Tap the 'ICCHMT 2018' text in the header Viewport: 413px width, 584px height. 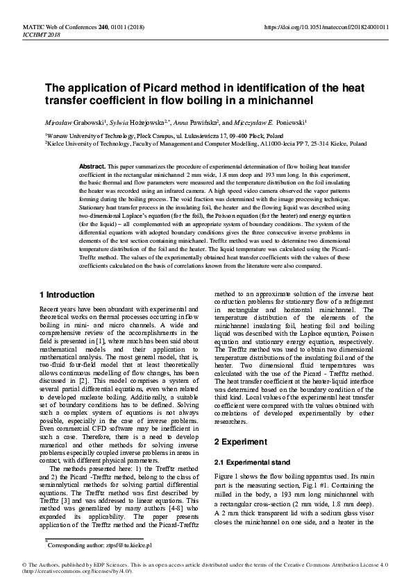44,34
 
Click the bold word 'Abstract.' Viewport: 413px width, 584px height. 92,168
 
